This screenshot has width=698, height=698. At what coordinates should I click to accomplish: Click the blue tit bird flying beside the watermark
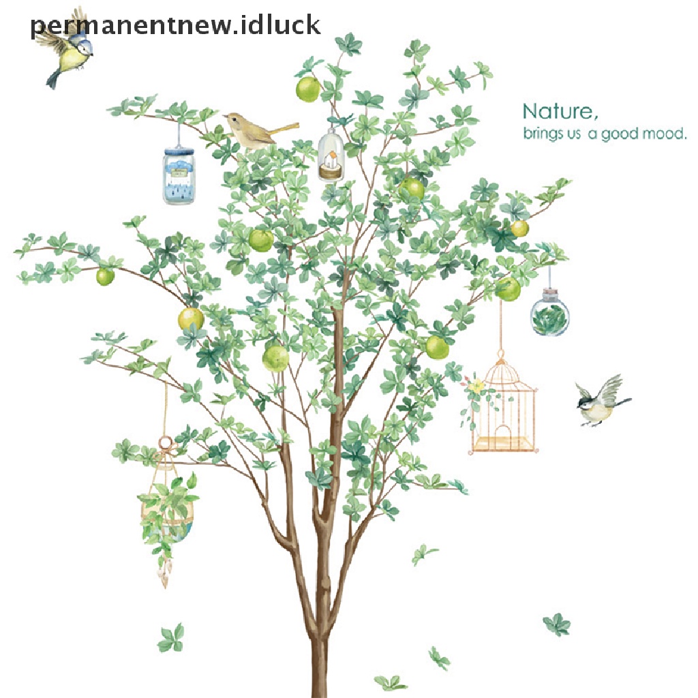click(67, 55)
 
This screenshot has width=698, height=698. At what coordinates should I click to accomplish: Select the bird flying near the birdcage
click(600, 402)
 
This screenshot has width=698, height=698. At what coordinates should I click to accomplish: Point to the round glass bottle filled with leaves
click(550, 315)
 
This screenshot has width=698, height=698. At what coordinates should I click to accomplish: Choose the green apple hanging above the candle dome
click(307, 89)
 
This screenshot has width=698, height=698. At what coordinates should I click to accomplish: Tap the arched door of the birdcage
click(503, 437)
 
